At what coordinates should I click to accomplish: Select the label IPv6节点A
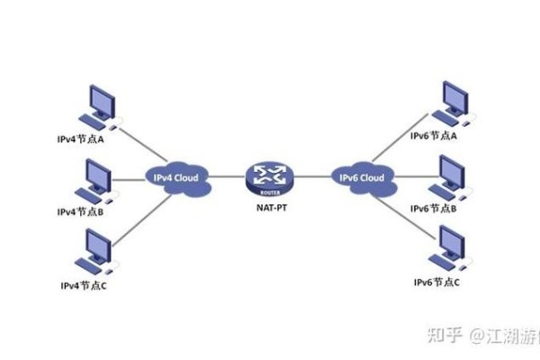click(436, 136)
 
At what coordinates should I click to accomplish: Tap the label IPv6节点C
click(436, 282)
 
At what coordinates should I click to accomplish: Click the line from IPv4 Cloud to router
click(226, 177)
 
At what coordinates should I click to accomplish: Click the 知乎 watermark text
click(441, 336)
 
